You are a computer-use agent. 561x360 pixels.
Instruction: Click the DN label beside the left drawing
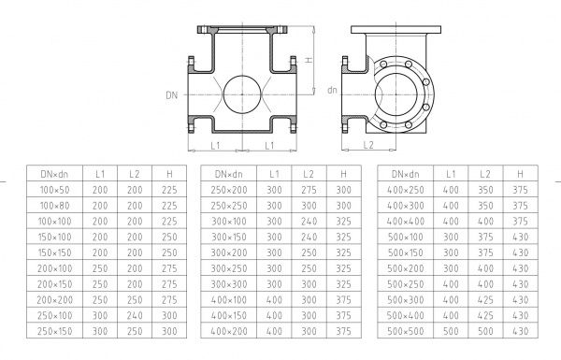pos(171,95)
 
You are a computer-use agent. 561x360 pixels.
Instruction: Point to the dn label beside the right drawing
pos(332,90)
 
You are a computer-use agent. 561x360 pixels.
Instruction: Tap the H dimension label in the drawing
pos(309,60)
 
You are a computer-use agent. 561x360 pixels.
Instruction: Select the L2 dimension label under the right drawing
pos(368,145)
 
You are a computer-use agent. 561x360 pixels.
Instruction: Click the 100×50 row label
pos(55,190)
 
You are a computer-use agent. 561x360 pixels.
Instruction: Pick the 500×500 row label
pos(406,331)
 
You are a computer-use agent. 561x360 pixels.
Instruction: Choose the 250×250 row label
pos(229,206)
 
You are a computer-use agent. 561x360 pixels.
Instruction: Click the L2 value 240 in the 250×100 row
pos(135,315)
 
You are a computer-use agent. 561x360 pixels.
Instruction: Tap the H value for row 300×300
pos(343,284)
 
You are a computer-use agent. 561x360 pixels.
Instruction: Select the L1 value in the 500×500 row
pos(451,331)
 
